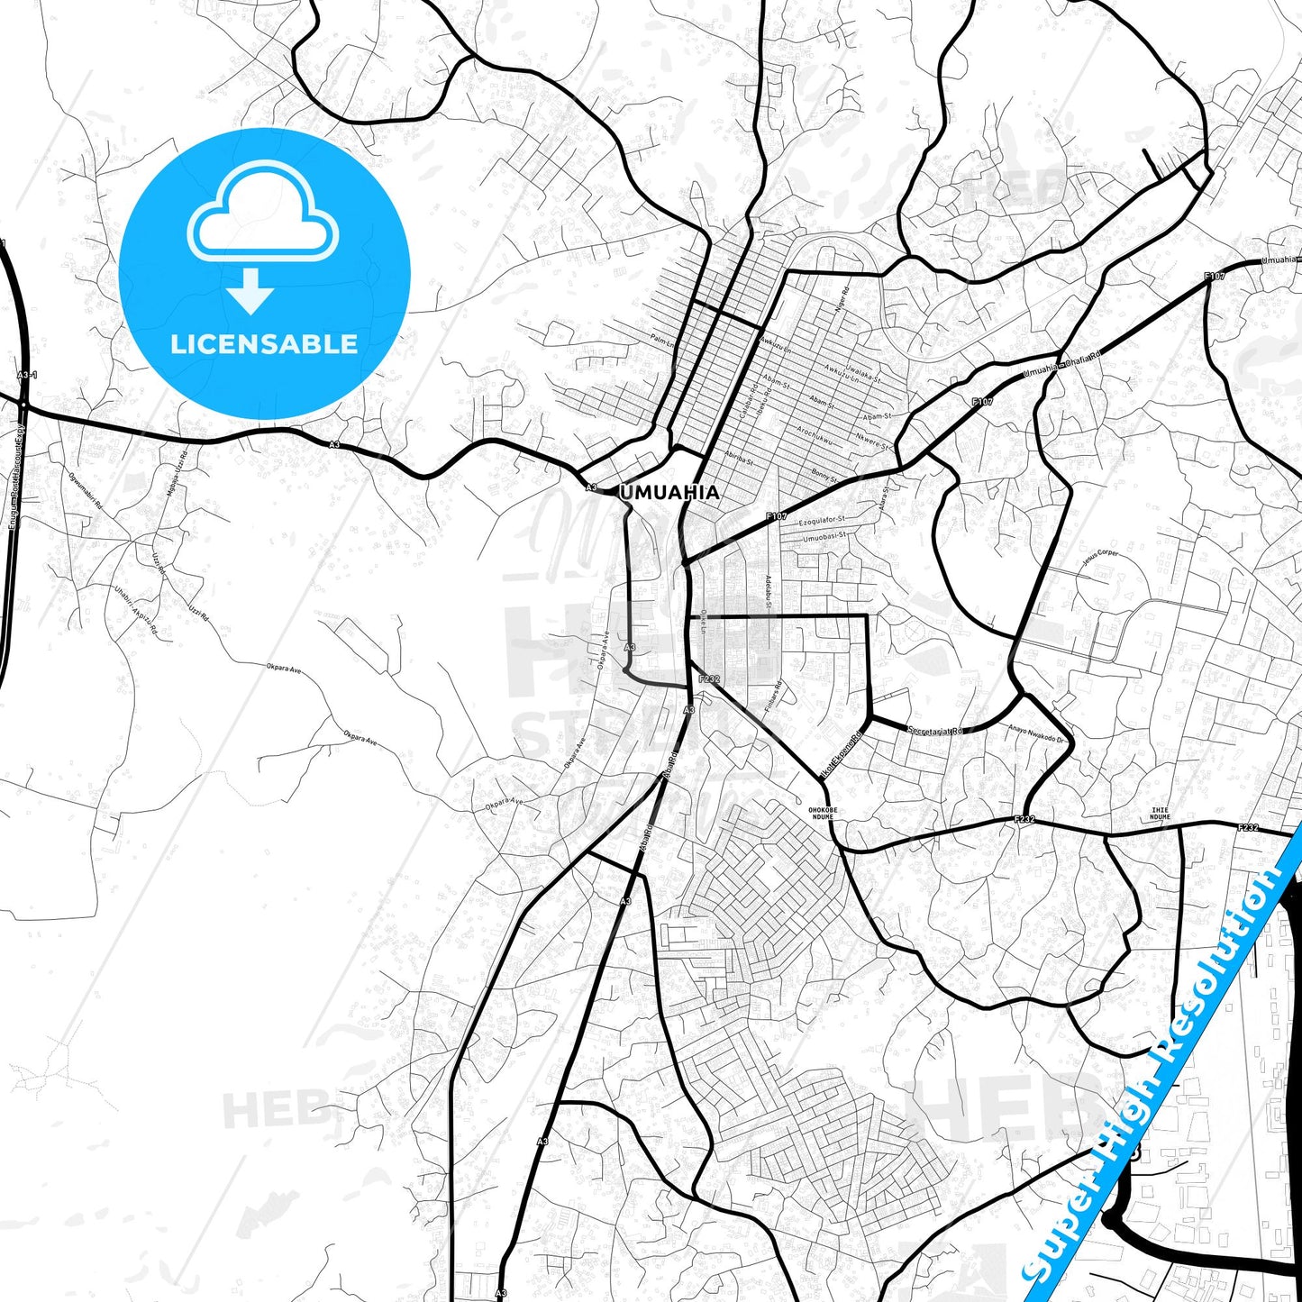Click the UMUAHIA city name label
coord(669,492)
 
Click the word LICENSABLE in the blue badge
coord(264,344)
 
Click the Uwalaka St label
coord(862,369)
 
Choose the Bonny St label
coord(824,474)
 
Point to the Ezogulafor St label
coord(823,520)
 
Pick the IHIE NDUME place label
coord(1160,813)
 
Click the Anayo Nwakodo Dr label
coord(1036,734)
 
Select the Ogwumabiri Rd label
coord(86,493)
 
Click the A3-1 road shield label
coord(26,374)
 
